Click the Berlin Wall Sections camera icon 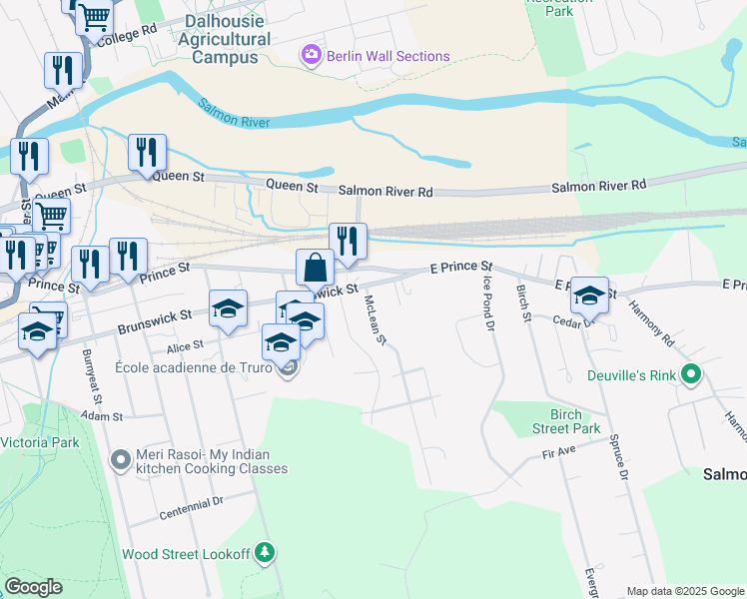pos(312,56)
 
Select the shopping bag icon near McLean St pos(315,269)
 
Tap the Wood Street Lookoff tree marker pos(264,552)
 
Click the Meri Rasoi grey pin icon pos(121,460)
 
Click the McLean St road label pos(375,319)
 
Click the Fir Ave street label pos(560,453)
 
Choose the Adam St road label pos(101,415)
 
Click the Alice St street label pos(185,345)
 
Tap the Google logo pos(33,587)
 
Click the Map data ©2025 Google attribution pos(685,591)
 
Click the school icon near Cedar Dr pos(589,296)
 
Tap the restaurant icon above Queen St pos(147,153)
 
